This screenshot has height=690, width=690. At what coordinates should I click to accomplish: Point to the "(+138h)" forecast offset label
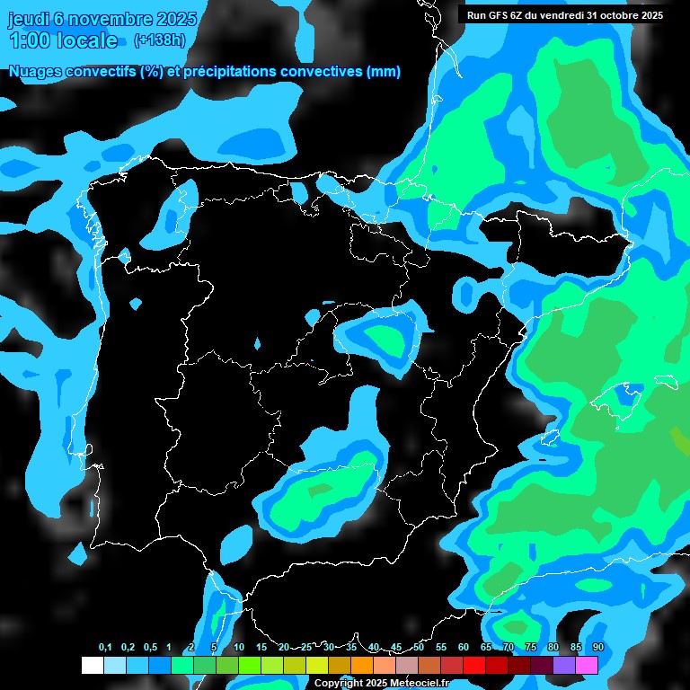(159, 40)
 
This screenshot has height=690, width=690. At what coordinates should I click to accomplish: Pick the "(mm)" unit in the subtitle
(384, 72)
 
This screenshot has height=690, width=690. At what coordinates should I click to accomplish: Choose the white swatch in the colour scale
(93, 665)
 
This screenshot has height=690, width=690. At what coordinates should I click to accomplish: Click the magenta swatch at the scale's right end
(587, 665)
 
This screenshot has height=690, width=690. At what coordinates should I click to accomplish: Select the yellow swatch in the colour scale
(317, 665)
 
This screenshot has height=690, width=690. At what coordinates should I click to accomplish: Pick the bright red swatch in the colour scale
(474, 665)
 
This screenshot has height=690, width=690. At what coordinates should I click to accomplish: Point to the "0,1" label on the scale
(105, 648)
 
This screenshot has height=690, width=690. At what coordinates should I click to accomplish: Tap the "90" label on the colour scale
(597, 648)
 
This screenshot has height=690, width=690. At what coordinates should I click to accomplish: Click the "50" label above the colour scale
(419, 648)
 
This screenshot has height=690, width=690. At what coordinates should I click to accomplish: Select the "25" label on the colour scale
(306, 648)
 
